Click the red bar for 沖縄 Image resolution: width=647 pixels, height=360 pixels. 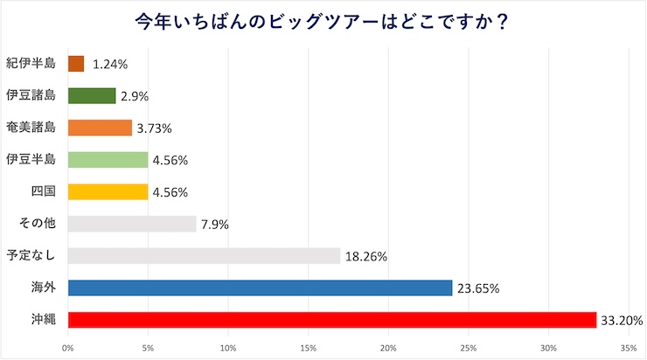(x=331, y=320)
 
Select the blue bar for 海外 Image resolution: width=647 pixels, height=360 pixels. (x=260, y=287)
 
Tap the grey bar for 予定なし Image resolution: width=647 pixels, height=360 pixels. (x=204, y=256)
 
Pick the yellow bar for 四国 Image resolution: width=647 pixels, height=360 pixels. (x=108, y=192)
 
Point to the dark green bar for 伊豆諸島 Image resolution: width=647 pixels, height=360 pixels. (x=92, y=96)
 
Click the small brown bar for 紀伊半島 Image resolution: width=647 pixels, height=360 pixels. (x=76, y=64)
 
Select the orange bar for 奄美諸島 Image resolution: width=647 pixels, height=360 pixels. (x=100, y=128)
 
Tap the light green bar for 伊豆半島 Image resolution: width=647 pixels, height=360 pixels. (x=108, y=160)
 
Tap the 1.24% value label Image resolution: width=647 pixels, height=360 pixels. (x=110, y=65)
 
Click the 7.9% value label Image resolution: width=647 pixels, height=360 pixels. (x=214, y=225)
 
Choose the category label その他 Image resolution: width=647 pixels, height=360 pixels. (x=37, y=224)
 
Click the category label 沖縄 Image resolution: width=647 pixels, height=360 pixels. (x=43, y=320)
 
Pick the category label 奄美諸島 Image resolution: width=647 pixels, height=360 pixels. (x=31, y=128)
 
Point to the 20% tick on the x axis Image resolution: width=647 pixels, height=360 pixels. (x=388, y=348)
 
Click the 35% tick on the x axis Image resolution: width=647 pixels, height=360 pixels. (x=629, y=348)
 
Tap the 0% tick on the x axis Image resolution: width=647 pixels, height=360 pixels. (x=68, y=348)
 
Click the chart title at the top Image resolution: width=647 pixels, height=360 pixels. (x=323, y=21)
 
